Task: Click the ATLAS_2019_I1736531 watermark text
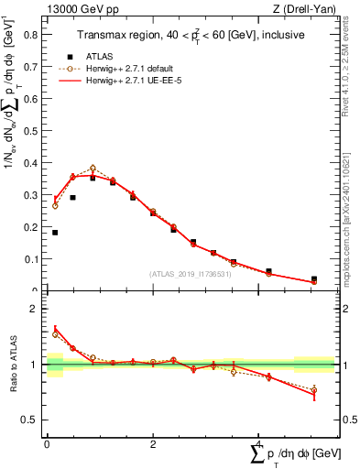190,274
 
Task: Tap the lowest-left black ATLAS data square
55,233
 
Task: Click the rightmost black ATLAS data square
314,279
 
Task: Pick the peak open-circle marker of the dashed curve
93,169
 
